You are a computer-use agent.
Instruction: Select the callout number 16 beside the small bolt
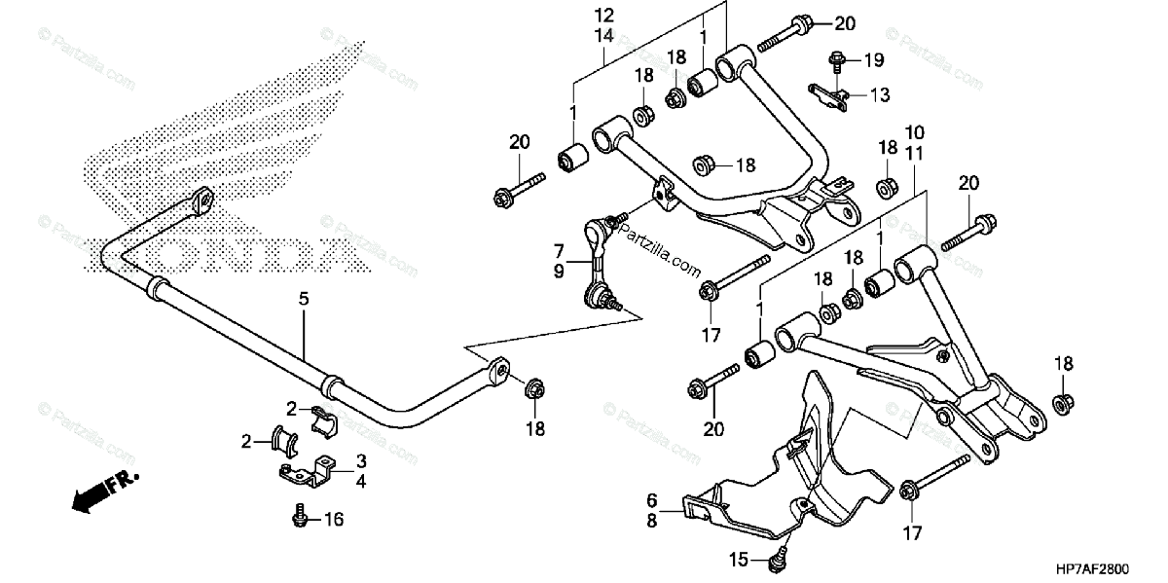click(x=334, y=520)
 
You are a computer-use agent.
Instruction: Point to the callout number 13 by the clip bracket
click(x=879, y=94)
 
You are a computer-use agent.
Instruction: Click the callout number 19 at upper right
click(x=873, y=60)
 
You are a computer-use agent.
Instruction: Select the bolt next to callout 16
click(x=302, y=517)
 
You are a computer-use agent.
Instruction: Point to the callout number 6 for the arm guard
click(x=651, y=499)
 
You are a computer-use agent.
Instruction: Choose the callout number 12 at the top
click(x=603, y=16)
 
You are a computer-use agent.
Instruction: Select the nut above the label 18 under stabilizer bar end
click(x=534, y=389)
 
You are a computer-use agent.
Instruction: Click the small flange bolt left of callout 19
click(x=838, y=61)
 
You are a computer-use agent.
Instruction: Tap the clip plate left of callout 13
click(x=828, y=93)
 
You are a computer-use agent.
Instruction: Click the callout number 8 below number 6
click(x=651, y=521)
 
